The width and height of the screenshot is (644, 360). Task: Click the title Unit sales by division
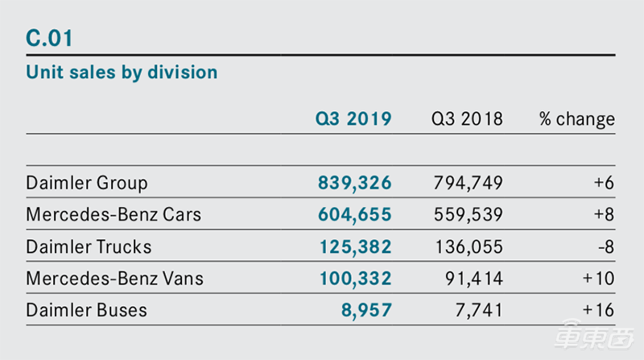122,72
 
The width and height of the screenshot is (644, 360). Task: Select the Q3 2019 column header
353,119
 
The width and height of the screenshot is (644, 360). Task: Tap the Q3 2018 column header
467,119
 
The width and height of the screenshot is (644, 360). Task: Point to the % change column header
576,119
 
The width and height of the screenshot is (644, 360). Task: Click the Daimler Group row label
87,183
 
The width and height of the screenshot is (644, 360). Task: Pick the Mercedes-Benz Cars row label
114,215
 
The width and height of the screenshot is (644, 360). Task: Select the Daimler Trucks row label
89,246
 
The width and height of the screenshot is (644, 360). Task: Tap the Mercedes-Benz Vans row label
114,279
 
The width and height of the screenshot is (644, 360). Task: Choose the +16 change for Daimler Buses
599,310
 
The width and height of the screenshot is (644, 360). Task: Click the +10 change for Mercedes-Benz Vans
599,279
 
